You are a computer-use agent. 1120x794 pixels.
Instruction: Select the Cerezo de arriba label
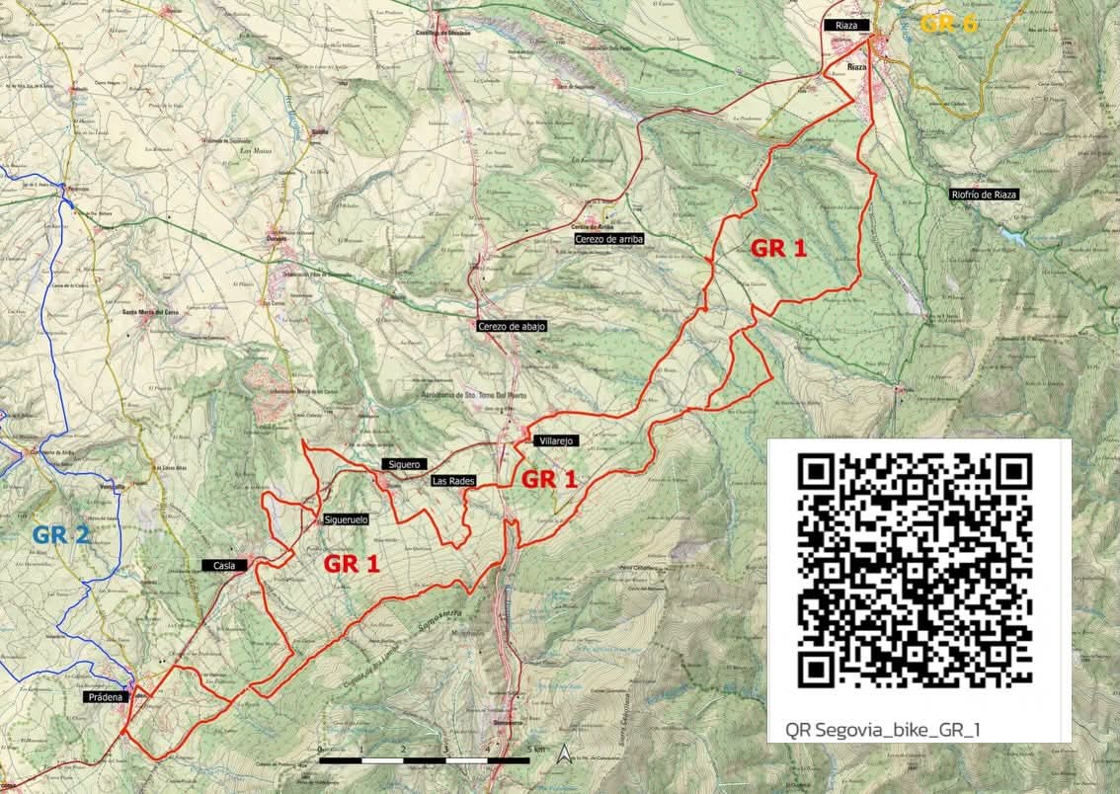(607, 239)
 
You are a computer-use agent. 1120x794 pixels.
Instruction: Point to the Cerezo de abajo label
(511, 326)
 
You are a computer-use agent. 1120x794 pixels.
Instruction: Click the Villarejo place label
(557, 440)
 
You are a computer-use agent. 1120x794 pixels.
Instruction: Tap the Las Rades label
(454, 481)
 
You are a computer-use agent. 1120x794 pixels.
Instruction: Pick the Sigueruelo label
(346, 518)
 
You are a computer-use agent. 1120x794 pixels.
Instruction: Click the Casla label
(223, 565)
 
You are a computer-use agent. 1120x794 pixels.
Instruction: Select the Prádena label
(105, 697)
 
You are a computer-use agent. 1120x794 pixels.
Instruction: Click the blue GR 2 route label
(61, 535)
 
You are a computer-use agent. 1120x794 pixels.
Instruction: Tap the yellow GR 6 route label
(948, 23)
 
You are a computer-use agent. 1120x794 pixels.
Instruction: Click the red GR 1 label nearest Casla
(353, 564)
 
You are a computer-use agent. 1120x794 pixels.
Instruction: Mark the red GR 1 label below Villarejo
(548, 480)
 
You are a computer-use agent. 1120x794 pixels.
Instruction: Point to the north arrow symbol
(563, 755)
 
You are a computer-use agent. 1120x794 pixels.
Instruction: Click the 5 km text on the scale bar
(535, 750)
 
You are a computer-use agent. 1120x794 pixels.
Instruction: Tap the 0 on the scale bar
(320, 751)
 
